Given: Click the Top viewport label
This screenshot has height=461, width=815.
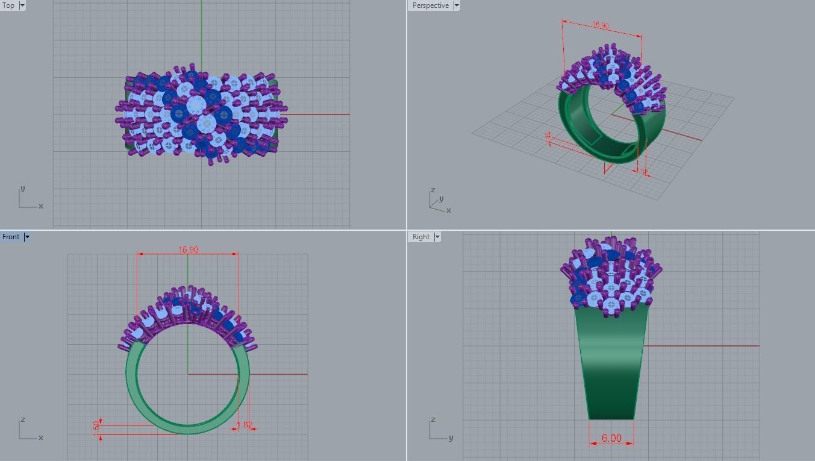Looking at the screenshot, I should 9,5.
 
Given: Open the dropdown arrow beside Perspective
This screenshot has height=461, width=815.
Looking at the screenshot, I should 457,5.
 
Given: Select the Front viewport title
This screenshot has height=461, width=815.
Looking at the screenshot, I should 11,237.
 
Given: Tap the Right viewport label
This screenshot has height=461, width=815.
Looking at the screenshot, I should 421,237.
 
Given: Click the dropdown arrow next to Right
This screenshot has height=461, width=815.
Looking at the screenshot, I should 437,237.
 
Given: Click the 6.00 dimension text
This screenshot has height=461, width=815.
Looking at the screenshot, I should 611,438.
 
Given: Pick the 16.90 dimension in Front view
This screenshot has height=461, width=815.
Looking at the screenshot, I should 189,249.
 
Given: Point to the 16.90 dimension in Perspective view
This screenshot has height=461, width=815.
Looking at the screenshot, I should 601,25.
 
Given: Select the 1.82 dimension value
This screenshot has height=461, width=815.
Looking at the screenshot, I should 245,425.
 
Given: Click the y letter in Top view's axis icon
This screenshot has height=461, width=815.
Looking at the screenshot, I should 23,189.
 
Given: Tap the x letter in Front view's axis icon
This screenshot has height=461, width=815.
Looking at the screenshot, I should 41,437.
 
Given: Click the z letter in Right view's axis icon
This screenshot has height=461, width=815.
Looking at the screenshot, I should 433,419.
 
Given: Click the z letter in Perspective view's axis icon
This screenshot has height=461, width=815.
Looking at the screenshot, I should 432,190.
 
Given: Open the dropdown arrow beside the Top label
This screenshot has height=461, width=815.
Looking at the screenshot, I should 22,5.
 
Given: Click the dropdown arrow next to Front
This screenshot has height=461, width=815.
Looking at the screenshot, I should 27,237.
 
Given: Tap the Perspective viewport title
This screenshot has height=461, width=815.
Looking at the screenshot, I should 430,5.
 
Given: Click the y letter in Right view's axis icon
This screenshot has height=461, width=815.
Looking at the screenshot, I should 451,437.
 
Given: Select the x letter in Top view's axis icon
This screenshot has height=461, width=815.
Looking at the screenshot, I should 41,206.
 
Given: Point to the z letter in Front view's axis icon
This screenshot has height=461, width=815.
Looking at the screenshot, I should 23,419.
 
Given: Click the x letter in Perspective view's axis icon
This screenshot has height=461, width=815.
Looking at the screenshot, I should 449,210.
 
